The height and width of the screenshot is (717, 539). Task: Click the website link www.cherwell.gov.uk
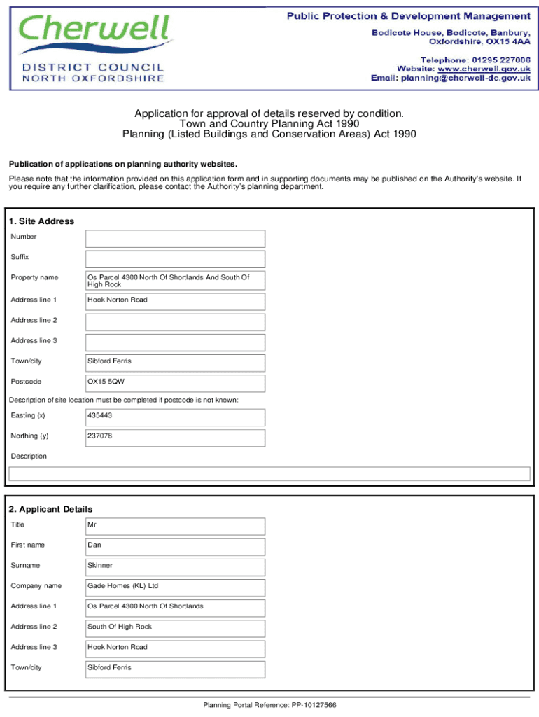(484, 69)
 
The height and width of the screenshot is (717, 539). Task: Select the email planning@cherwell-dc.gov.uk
(465, 78)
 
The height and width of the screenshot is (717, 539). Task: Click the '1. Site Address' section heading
(41, 221)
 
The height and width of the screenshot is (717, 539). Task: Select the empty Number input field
(175, 239)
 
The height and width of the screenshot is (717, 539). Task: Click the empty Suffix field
(175, 259)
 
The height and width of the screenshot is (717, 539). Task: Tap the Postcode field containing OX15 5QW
(175, 383)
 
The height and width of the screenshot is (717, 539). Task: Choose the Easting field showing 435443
(175, 417)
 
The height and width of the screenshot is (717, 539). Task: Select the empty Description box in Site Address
(269, 474)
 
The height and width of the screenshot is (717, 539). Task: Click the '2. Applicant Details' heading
(51, 509)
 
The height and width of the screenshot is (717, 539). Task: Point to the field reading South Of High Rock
(175, 628)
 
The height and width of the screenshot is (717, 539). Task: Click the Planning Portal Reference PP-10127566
(269, 705)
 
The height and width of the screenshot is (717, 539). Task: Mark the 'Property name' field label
(34, 278)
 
